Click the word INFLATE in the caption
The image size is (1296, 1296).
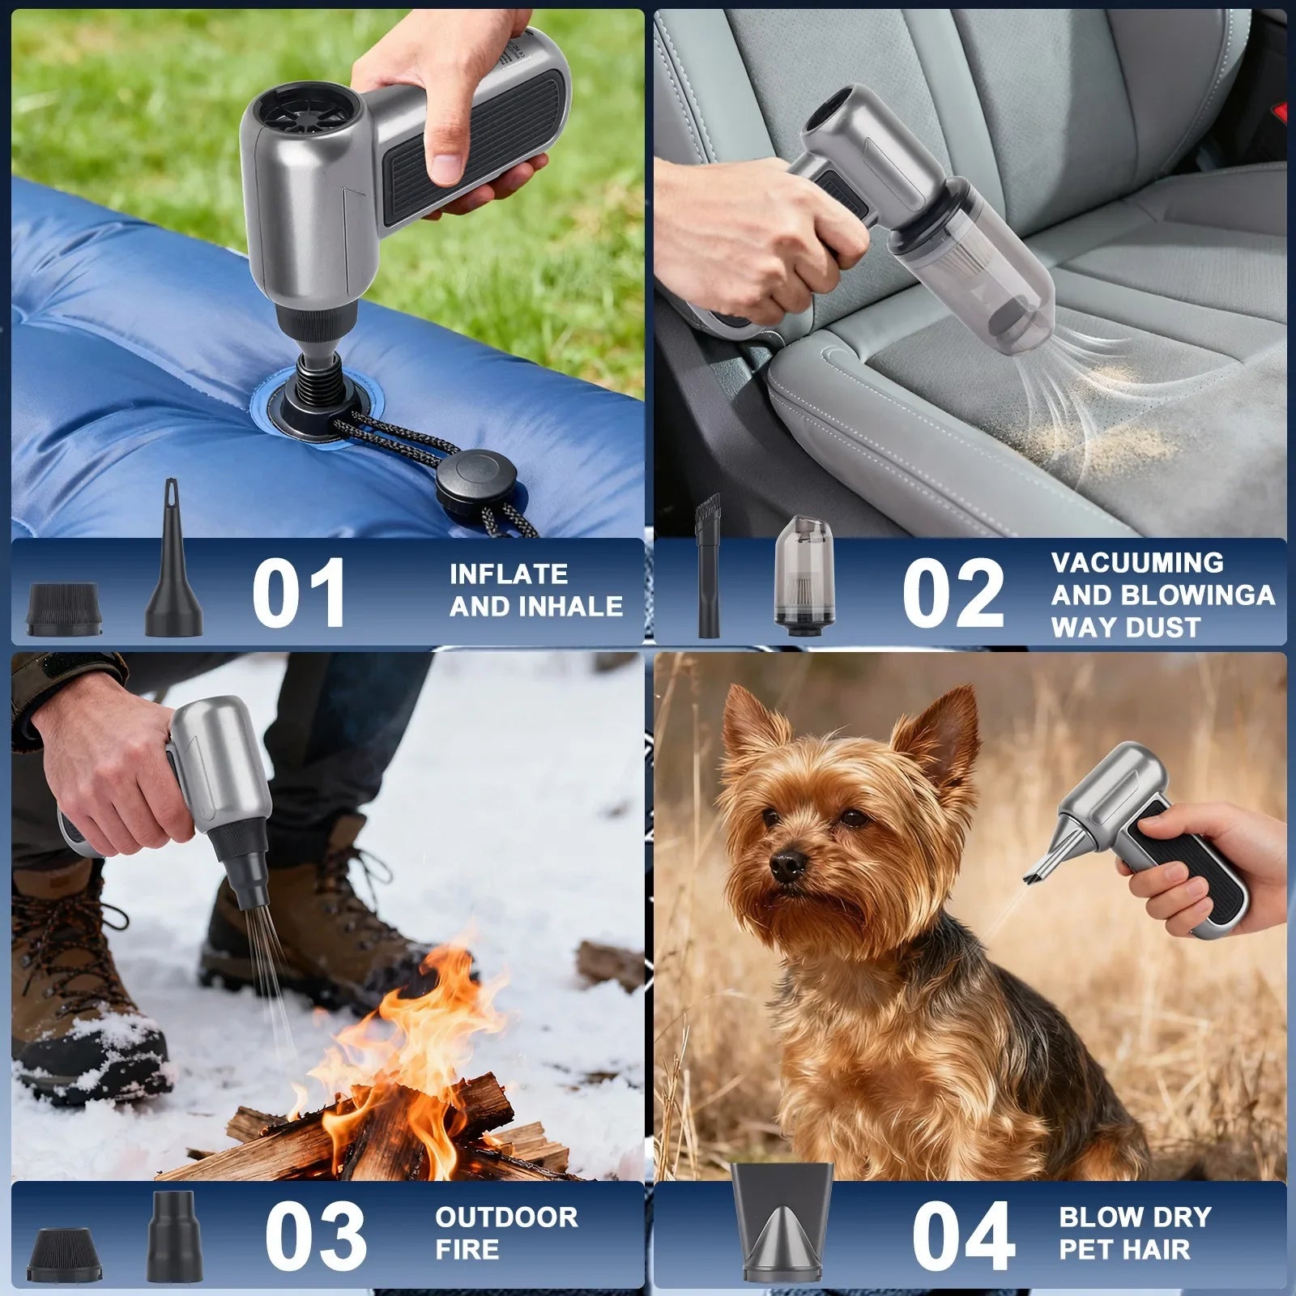[509, 574]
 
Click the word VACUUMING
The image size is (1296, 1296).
[1137, 563]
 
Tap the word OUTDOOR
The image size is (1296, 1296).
[506, 1217]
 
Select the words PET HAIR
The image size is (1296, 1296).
[1124, 1249]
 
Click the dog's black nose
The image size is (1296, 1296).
[787, 866]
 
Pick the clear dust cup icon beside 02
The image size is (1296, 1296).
[803, 575]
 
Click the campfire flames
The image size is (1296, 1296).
[389, 1069]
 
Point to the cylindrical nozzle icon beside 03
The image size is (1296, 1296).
[175, 1236]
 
